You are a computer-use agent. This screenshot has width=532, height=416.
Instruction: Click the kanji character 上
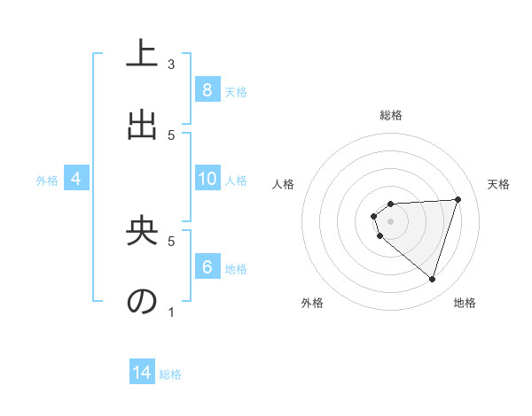(x=142, y=53)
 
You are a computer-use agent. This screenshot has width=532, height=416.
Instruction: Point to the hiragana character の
(x=142, y=301)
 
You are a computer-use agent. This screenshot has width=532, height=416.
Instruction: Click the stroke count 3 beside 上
(x=171, y=65)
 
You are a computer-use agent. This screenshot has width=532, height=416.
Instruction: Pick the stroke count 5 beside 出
(x=171, y=135)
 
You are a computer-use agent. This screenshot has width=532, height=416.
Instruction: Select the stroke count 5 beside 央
(x=171, y=240)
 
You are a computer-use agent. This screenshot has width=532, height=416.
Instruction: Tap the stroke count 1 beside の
(x=171, y=312)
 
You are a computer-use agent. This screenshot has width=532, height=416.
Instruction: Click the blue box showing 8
(x=207, y=90)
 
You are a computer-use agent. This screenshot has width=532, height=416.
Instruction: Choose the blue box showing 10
(x=207, y=179)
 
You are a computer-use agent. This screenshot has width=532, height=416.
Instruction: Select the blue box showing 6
(x=207, y=267)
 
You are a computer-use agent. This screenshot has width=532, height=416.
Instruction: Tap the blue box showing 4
(x=75, y=179)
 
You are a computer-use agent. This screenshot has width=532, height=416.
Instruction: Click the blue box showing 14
(x=142, y=374)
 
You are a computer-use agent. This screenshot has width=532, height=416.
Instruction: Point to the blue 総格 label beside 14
(x=170, y=374)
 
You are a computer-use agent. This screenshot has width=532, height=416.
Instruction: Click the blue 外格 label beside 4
(x=47, y=180)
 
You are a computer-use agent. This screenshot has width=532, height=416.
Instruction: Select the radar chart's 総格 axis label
(x=391, y=115)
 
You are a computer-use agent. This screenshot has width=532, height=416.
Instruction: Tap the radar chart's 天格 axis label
(x=499, y=184)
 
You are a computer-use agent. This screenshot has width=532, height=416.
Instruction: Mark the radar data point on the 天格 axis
(x=458, y=199)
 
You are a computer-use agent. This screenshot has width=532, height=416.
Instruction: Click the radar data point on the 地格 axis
(x=432, y=279)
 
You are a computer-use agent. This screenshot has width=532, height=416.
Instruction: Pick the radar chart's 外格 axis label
(x=312, y=303)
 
